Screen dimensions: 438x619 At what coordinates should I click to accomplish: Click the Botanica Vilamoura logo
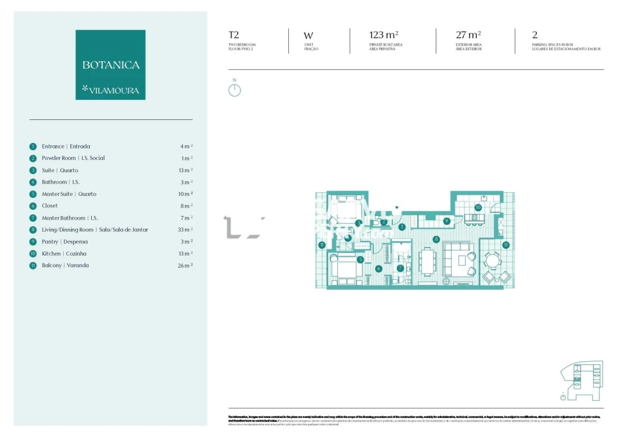[110, 64]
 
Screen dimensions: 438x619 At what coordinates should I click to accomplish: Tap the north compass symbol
[235, 90]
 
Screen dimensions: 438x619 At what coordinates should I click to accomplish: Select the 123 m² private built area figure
[384, 35]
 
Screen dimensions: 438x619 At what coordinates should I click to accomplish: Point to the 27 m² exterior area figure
[468, 35]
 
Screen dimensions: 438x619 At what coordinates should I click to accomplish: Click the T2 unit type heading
[233, 35]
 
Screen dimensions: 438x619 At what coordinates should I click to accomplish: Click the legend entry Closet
[50, 206]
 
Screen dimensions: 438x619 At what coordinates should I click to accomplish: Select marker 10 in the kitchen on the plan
[478, 207]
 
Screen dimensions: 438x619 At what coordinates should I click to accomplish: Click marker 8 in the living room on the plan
[436, 239]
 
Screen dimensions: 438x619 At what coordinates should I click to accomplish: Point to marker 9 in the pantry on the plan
[446, 221]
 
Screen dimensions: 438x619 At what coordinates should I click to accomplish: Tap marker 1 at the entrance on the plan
[402, 227]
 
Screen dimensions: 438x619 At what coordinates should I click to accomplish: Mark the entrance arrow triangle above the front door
[397, 208]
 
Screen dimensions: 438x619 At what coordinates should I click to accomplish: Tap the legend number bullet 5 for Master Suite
[33, 194]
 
